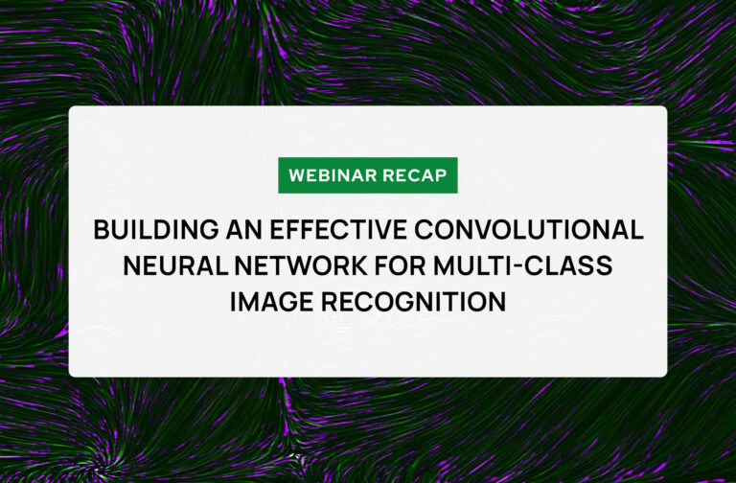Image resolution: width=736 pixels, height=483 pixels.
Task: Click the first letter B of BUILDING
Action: pos(101,231)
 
